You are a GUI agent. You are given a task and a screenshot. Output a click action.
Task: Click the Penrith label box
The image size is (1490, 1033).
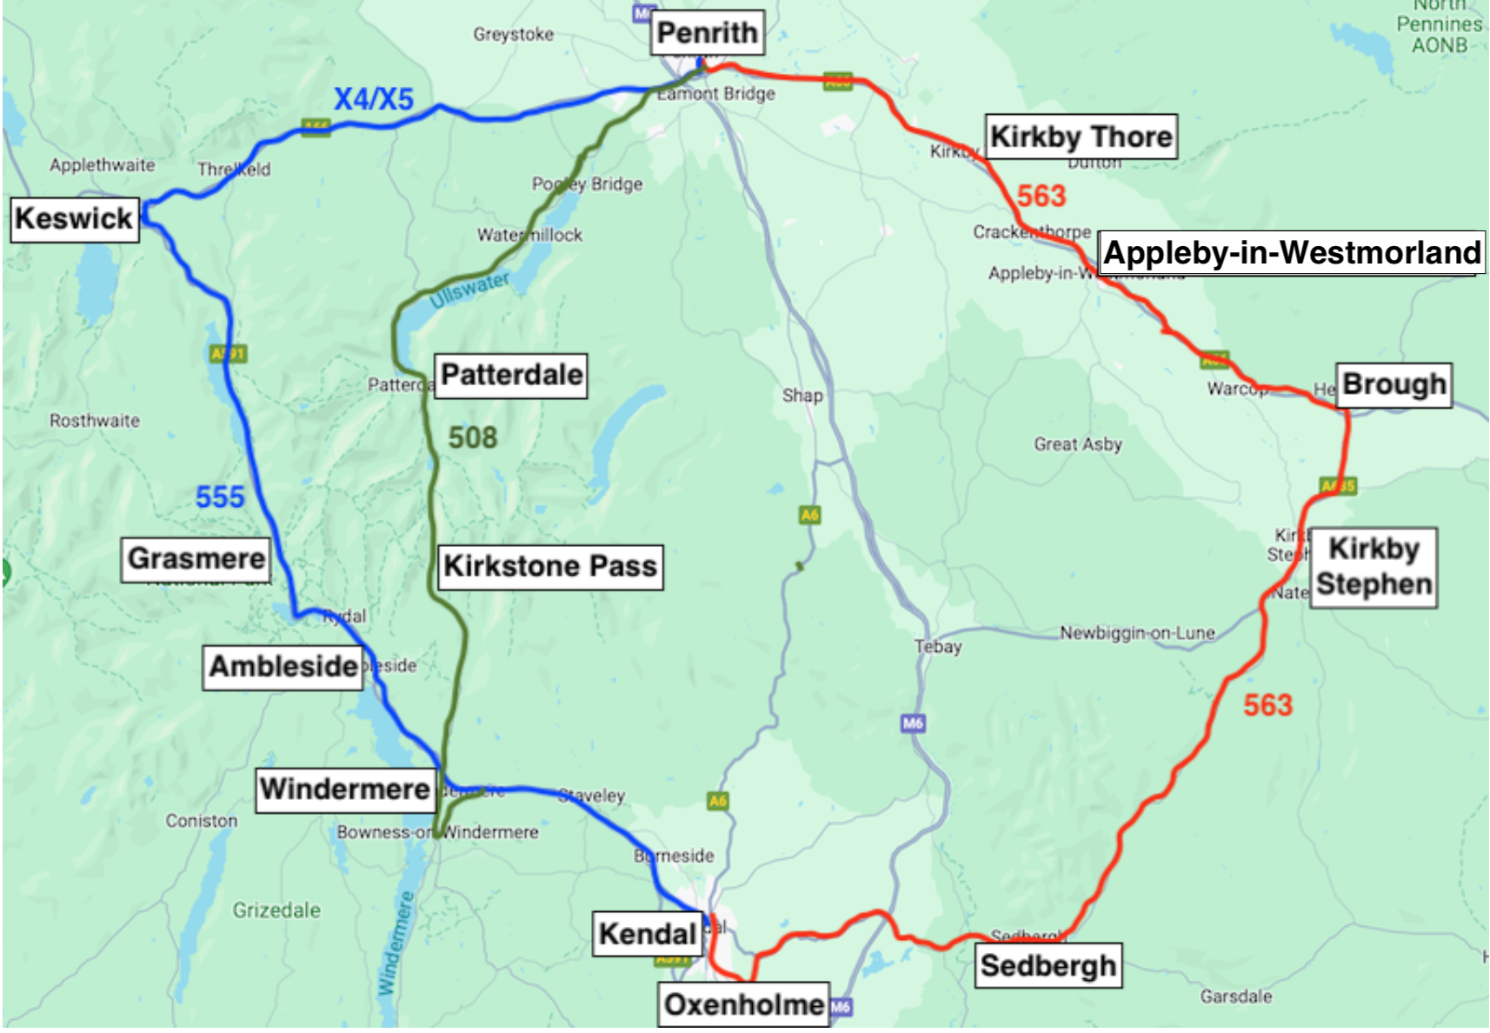(708, 33)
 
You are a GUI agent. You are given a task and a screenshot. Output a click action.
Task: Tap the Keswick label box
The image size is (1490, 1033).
(75, 218)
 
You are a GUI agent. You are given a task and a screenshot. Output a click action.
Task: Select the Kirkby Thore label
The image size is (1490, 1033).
(1081, 137)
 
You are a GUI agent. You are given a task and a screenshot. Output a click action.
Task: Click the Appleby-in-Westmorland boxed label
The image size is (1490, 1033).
(1291, 253)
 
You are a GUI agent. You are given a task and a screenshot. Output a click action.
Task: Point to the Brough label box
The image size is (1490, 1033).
(1393, 384)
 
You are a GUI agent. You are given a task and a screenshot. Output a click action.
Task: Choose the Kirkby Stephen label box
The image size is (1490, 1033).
(1373, 567)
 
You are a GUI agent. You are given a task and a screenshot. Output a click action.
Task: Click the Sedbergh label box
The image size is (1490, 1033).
(1048, 965)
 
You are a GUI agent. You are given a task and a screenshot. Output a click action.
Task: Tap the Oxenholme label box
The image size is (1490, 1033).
(743, 1004)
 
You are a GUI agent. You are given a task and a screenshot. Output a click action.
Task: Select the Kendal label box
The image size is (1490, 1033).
(647, 934)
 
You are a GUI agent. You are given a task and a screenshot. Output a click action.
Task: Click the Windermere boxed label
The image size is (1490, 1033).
(345, 789)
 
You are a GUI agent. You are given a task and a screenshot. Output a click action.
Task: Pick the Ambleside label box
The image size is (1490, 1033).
(283, 666)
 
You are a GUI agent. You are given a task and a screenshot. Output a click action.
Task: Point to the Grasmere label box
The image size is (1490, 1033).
(196, 558)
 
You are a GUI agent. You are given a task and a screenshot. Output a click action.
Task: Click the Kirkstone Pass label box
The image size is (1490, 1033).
(549, 566)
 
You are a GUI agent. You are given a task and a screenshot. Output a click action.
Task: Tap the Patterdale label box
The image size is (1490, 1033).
(511, 375)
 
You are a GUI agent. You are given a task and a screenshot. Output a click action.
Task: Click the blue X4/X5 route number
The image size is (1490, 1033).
(374, 99)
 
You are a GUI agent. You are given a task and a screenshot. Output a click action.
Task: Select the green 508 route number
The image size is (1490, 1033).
(472, 437)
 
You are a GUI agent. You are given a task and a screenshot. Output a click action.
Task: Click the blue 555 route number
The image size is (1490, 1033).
(220, 497)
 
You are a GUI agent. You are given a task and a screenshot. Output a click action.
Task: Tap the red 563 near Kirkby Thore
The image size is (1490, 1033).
(1041, 196)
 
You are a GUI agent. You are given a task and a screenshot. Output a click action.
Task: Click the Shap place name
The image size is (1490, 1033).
(802, 396)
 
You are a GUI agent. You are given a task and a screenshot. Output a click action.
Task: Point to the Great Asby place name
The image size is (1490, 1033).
(1077, 444)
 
